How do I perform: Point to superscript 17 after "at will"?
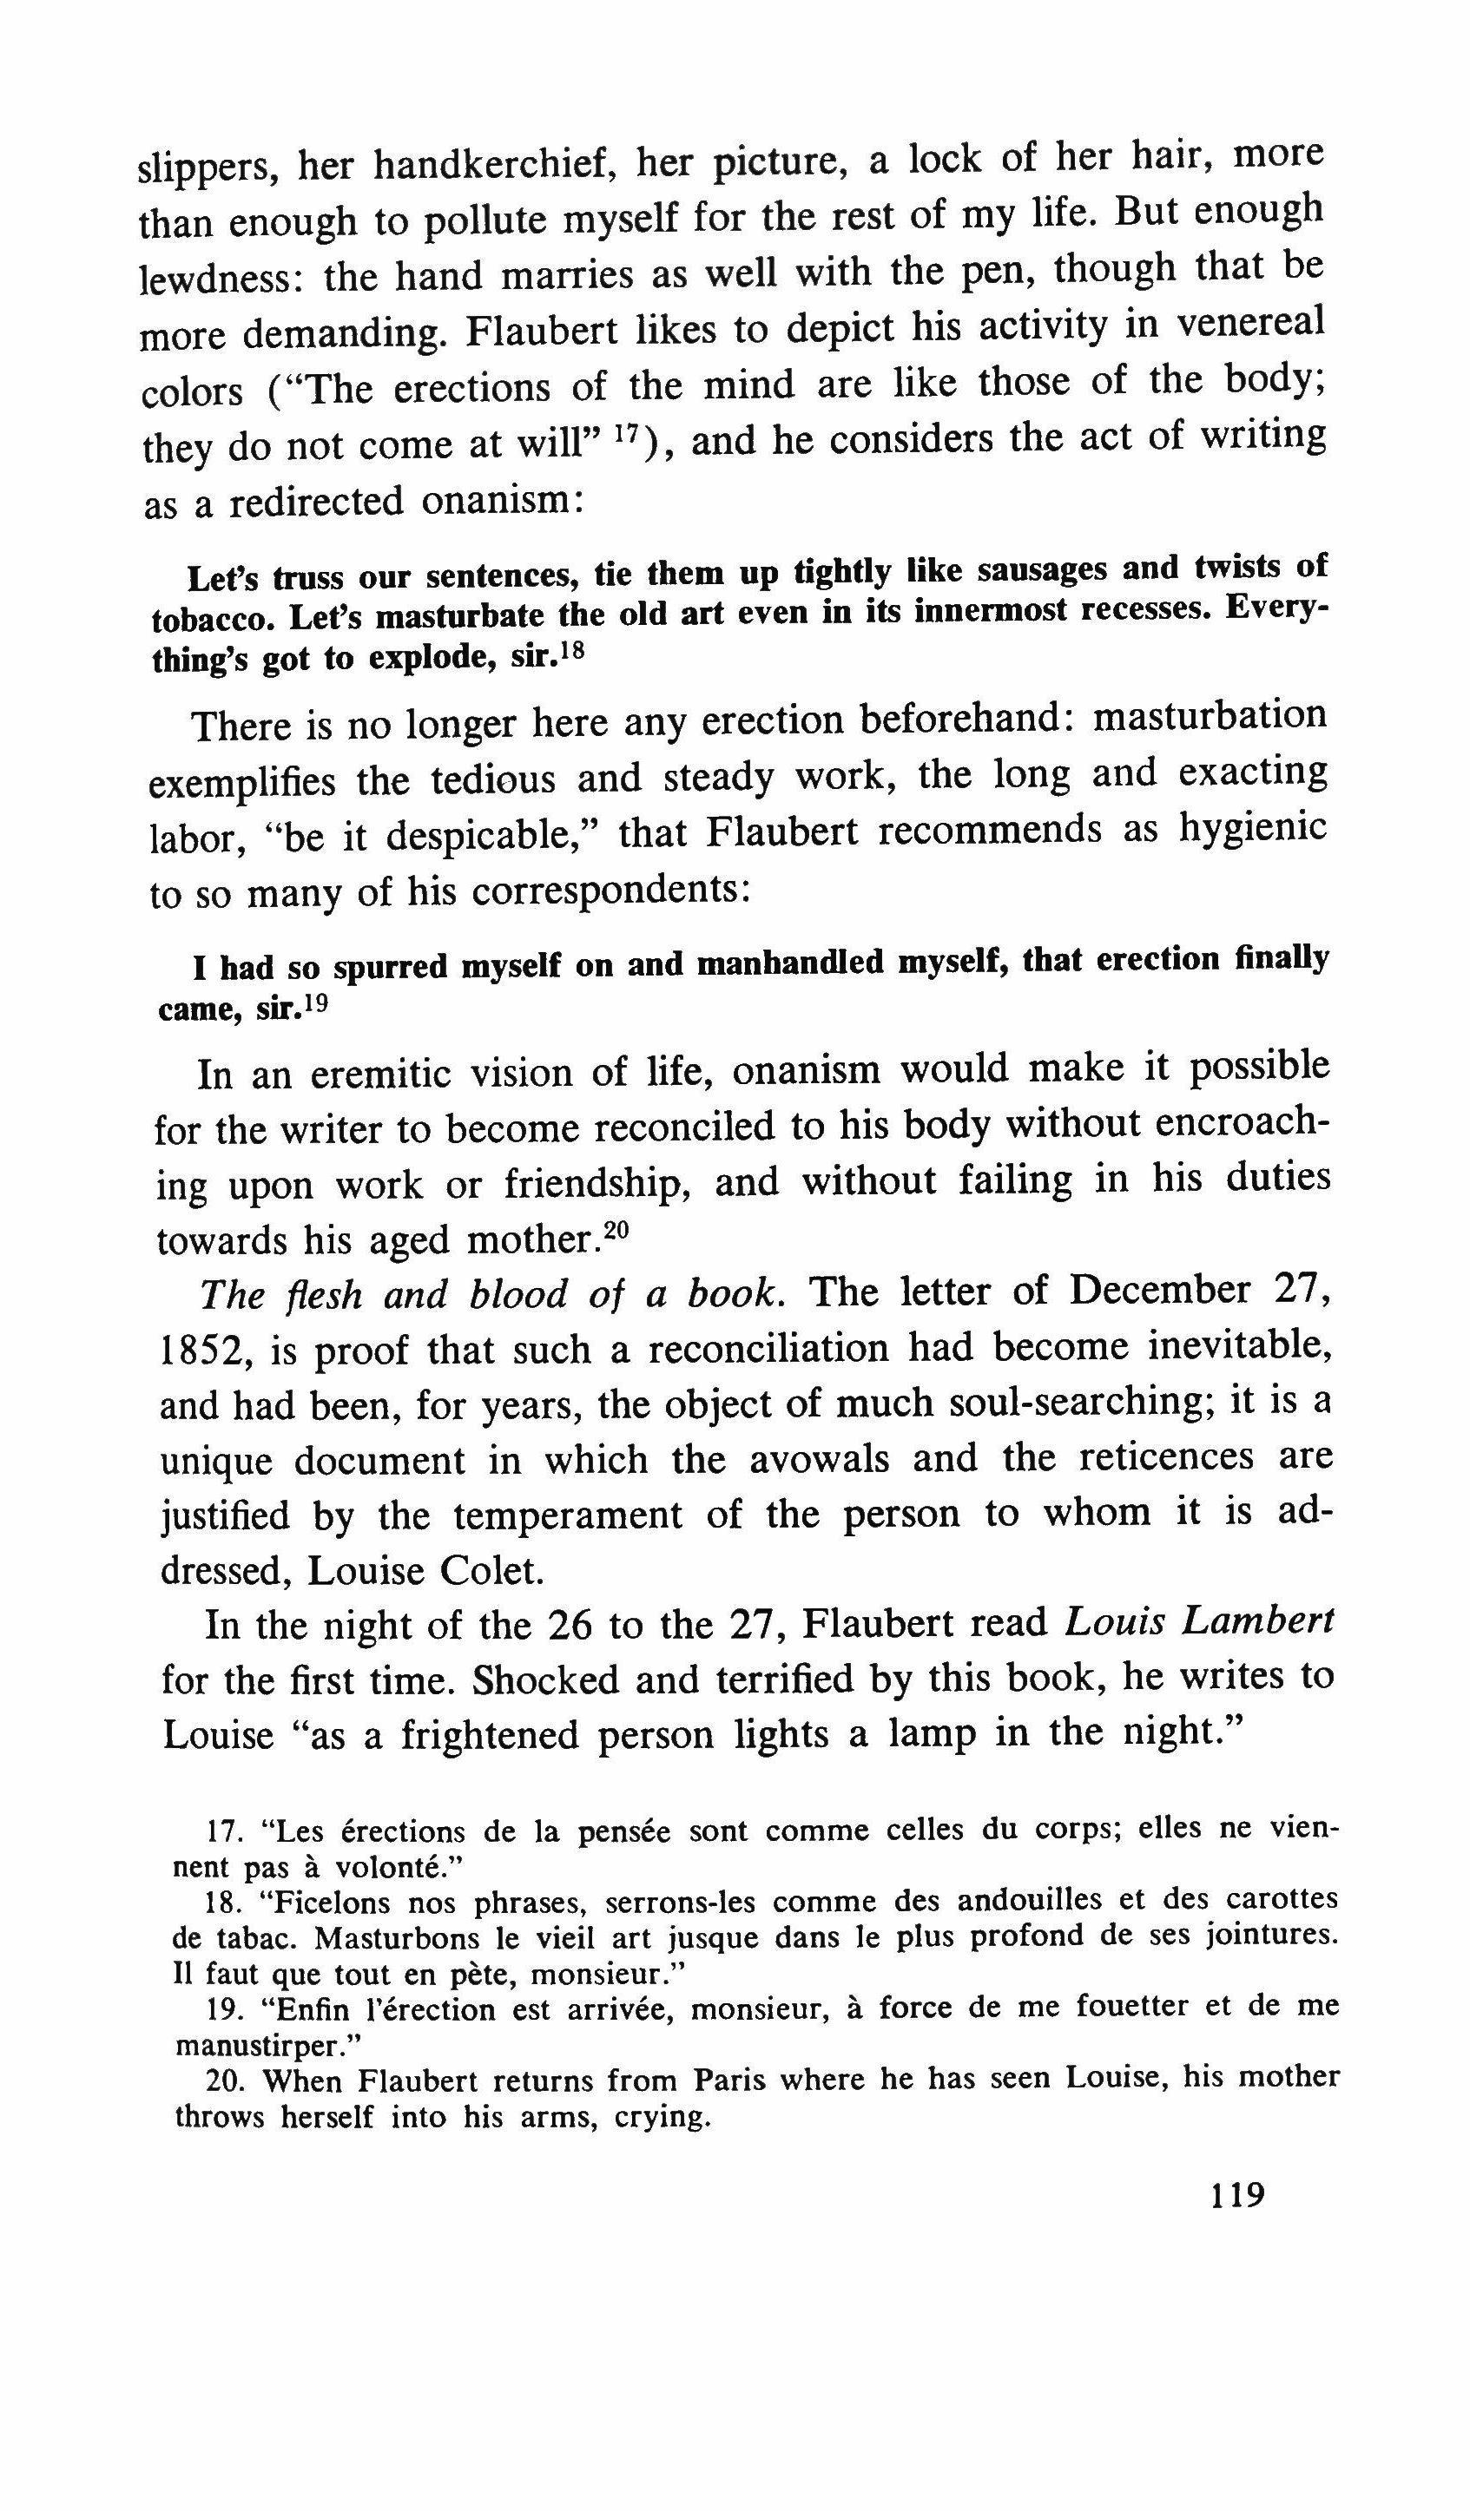tap(625, 435)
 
